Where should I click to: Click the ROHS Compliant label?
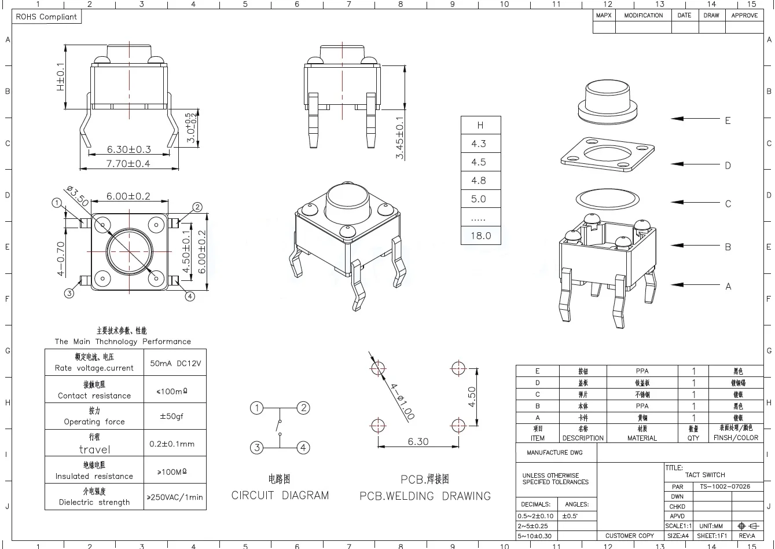click(46, 17)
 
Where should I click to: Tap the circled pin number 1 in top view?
click(57, 203)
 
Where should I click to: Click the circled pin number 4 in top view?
click(190, 296)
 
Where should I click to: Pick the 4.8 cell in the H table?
click(479, 181)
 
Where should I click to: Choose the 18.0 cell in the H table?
click(480, 236)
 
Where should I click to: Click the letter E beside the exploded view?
click(728, 120)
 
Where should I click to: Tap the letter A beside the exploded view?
click(728, 286)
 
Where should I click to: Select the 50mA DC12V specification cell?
click(175, 364)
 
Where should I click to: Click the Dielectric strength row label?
click(94, 497)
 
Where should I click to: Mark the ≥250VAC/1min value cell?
click(175, 497)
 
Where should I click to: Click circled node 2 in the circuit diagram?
click(303, 408)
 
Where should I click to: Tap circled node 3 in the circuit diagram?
click(256, 447)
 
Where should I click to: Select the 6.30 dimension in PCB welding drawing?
click(418, 441)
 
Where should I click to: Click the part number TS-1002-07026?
click(724, 486)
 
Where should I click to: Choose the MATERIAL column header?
click(642, 438)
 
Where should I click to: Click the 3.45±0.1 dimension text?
click(400, 138)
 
